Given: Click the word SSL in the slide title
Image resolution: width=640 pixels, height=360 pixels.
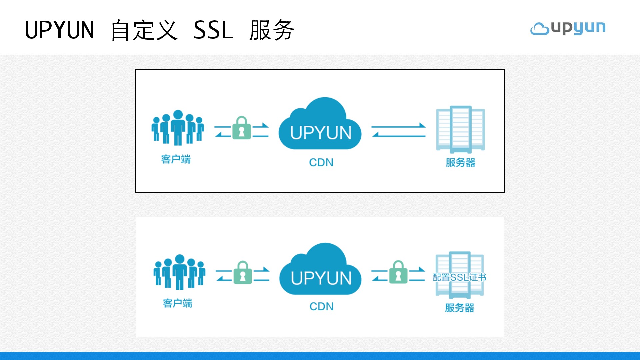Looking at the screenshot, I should tap(213, 30).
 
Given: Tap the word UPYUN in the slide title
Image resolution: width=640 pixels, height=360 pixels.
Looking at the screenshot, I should tap(60, 30).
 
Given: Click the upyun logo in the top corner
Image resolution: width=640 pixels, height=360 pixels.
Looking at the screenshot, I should tap(568, 28).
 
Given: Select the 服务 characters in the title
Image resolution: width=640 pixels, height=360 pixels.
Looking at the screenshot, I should tap(272, 30).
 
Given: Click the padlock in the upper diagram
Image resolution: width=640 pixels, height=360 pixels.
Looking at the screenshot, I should tap(241, 128).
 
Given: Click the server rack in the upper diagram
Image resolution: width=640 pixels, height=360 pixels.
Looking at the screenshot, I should tap(460, 129).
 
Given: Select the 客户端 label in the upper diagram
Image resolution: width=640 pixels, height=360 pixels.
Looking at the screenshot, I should tap(176, 159).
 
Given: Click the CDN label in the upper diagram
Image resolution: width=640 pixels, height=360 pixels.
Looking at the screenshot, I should tap(321, 162).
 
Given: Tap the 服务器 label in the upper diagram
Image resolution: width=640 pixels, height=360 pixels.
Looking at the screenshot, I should tap(460, 162).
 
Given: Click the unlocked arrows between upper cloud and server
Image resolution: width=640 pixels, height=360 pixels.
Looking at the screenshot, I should tap(398, 130).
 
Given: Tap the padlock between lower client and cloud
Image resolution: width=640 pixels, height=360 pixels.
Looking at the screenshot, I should tap(243, 273).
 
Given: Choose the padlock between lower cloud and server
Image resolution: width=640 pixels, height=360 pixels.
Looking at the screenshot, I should tap(398, 273).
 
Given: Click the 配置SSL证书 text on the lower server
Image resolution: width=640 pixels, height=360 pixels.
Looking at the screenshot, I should tap(459, 277).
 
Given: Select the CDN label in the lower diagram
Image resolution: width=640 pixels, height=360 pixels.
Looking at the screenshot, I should tap(321, 306).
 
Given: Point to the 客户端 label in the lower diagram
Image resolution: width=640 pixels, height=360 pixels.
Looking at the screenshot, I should tap(177, 303).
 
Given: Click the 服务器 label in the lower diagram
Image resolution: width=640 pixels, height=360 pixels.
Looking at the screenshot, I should tap(459, 308).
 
